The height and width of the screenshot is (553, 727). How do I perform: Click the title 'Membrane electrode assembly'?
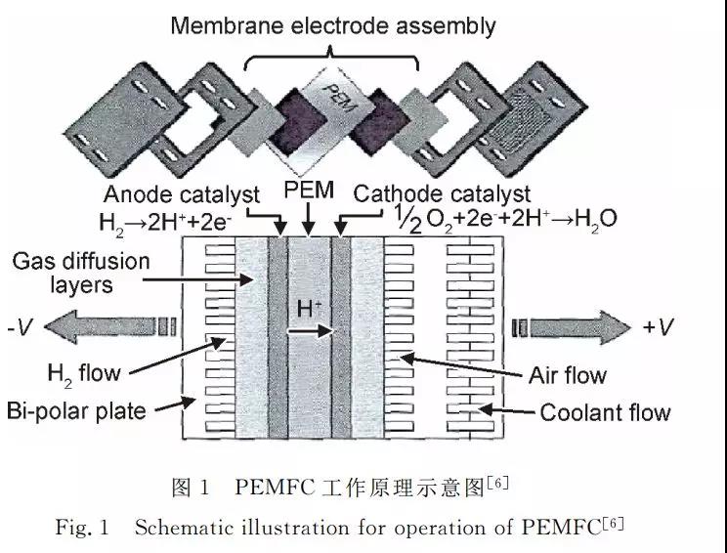[x=332, y=26]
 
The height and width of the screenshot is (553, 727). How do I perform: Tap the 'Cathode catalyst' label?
[x=442, y=193]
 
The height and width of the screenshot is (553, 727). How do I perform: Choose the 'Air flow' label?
[x=567, y=375]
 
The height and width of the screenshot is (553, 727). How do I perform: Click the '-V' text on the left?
[x=27, y=326]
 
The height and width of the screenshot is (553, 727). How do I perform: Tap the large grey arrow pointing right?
[x=572, y=323]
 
